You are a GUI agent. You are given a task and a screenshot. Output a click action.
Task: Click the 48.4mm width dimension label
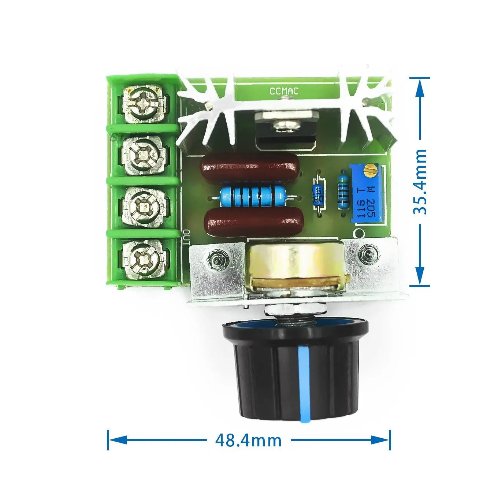pyautogui.click(x=248, y=440)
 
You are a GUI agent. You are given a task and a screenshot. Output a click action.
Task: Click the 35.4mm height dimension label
pyautogui.click(x=420, y=182)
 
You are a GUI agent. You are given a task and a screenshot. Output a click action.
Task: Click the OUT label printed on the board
pyautogui.click(x=186, y=237)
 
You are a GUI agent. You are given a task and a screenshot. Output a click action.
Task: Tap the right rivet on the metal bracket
pyautogui.click(x=367, y=252)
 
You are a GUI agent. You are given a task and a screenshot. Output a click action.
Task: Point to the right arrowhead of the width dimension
pyautogui.click(x=383, y=440)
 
